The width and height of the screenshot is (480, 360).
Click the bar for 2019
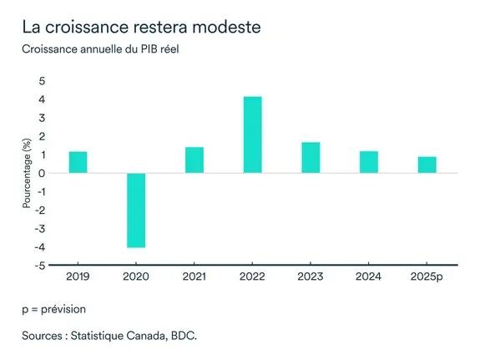coord(78,162)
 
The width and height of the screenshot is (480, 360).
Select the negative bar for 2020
coord(136,210)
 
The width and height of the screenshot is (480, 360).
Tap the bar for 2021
coord(195,160)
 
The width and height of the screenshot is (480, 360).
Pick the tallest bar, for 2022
coord(252,134)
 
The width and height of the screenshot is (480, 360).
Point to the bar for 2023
coord(311,157)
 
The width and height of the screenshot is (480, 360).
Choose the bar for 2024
coord(368,162)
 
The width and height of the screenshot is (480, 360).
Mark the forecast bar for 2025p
coord(427,165)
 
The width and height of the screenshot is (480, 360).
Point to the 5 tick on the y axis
coord(42,81)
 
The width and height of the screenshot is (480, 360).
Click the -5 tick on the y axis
coord(39,266)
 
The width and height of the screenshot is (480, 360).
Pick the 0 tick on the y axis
coord(42,173)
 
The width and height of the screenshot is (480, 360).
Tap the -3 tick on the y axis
coord(39,229)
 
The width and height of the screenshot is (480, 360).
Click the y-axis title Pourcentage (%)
coord(26,173)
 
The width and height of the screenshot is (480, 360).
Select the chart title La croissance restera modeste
coord(142,27)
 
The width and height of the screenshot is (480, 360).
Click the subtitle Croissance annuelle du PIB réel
coord(101,48)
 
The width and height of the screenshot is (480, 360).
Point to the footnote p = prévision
coord(54,309)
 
